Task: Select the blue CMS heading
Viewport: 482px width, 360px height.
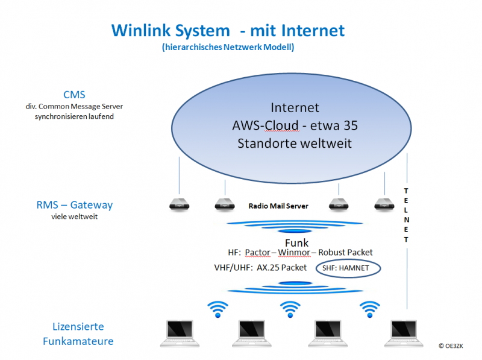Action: [x=74, y=95]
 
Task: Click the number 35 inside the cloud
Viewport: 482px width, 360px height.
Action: [x=351, y=125]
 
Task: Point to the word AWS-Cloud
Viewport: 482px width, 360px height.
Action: [x=265, y=125]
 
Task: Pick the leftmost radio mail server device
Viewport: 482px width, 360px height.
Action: [x=179, y=204]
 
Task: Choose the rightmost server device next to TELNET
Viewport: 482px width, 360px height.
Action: [x=384, y=204]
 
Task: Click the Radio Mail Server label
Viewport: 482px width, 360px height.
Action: [x=278, y=206]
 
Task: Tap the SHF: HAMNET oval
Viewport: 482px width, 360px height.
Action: [x=348, y=268]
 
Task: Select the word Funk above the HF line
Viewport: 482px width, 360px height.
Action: [x=296, y=243]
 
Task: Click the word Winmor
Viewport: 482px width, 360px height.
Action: [x=294, y=253]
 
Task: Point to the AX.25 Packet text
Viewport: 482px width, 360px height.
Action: [x=281, y=268]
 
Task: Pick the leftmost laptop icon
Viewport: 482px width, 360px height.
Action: [x=180, y=333]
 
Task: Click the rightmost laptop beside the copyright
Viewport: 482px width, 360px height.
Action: [x=404, y=333]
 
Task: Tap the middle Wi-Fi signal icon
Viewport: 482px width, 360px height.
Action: [x=290, y=309]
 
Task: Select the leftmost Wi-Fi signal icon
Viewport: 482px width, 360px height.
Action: [x=218, y=309]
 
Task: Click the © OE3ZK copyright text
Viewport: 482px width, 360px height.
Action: [x=451, y=346]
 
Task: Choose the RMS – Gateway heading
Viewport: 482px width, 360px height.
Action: [x=74, y=205]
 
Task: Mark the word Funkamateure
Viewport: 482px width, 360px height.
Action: [x=78, y=341]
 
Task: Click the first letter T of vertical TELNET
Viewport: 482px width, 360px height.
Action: [x=406, y=191]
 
